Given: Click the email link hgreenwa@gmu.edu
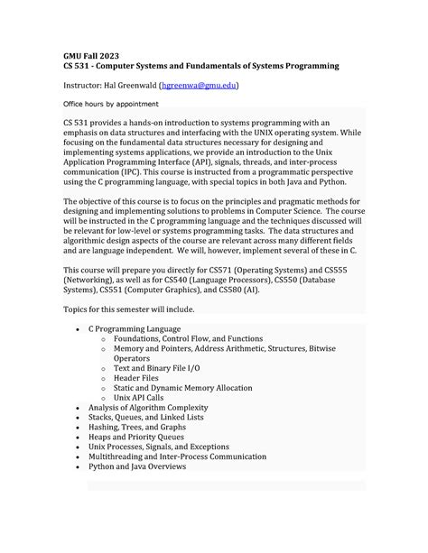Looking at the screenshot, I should point(199,85).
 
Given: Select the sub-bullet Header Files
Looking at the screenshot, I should point(141,377).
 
